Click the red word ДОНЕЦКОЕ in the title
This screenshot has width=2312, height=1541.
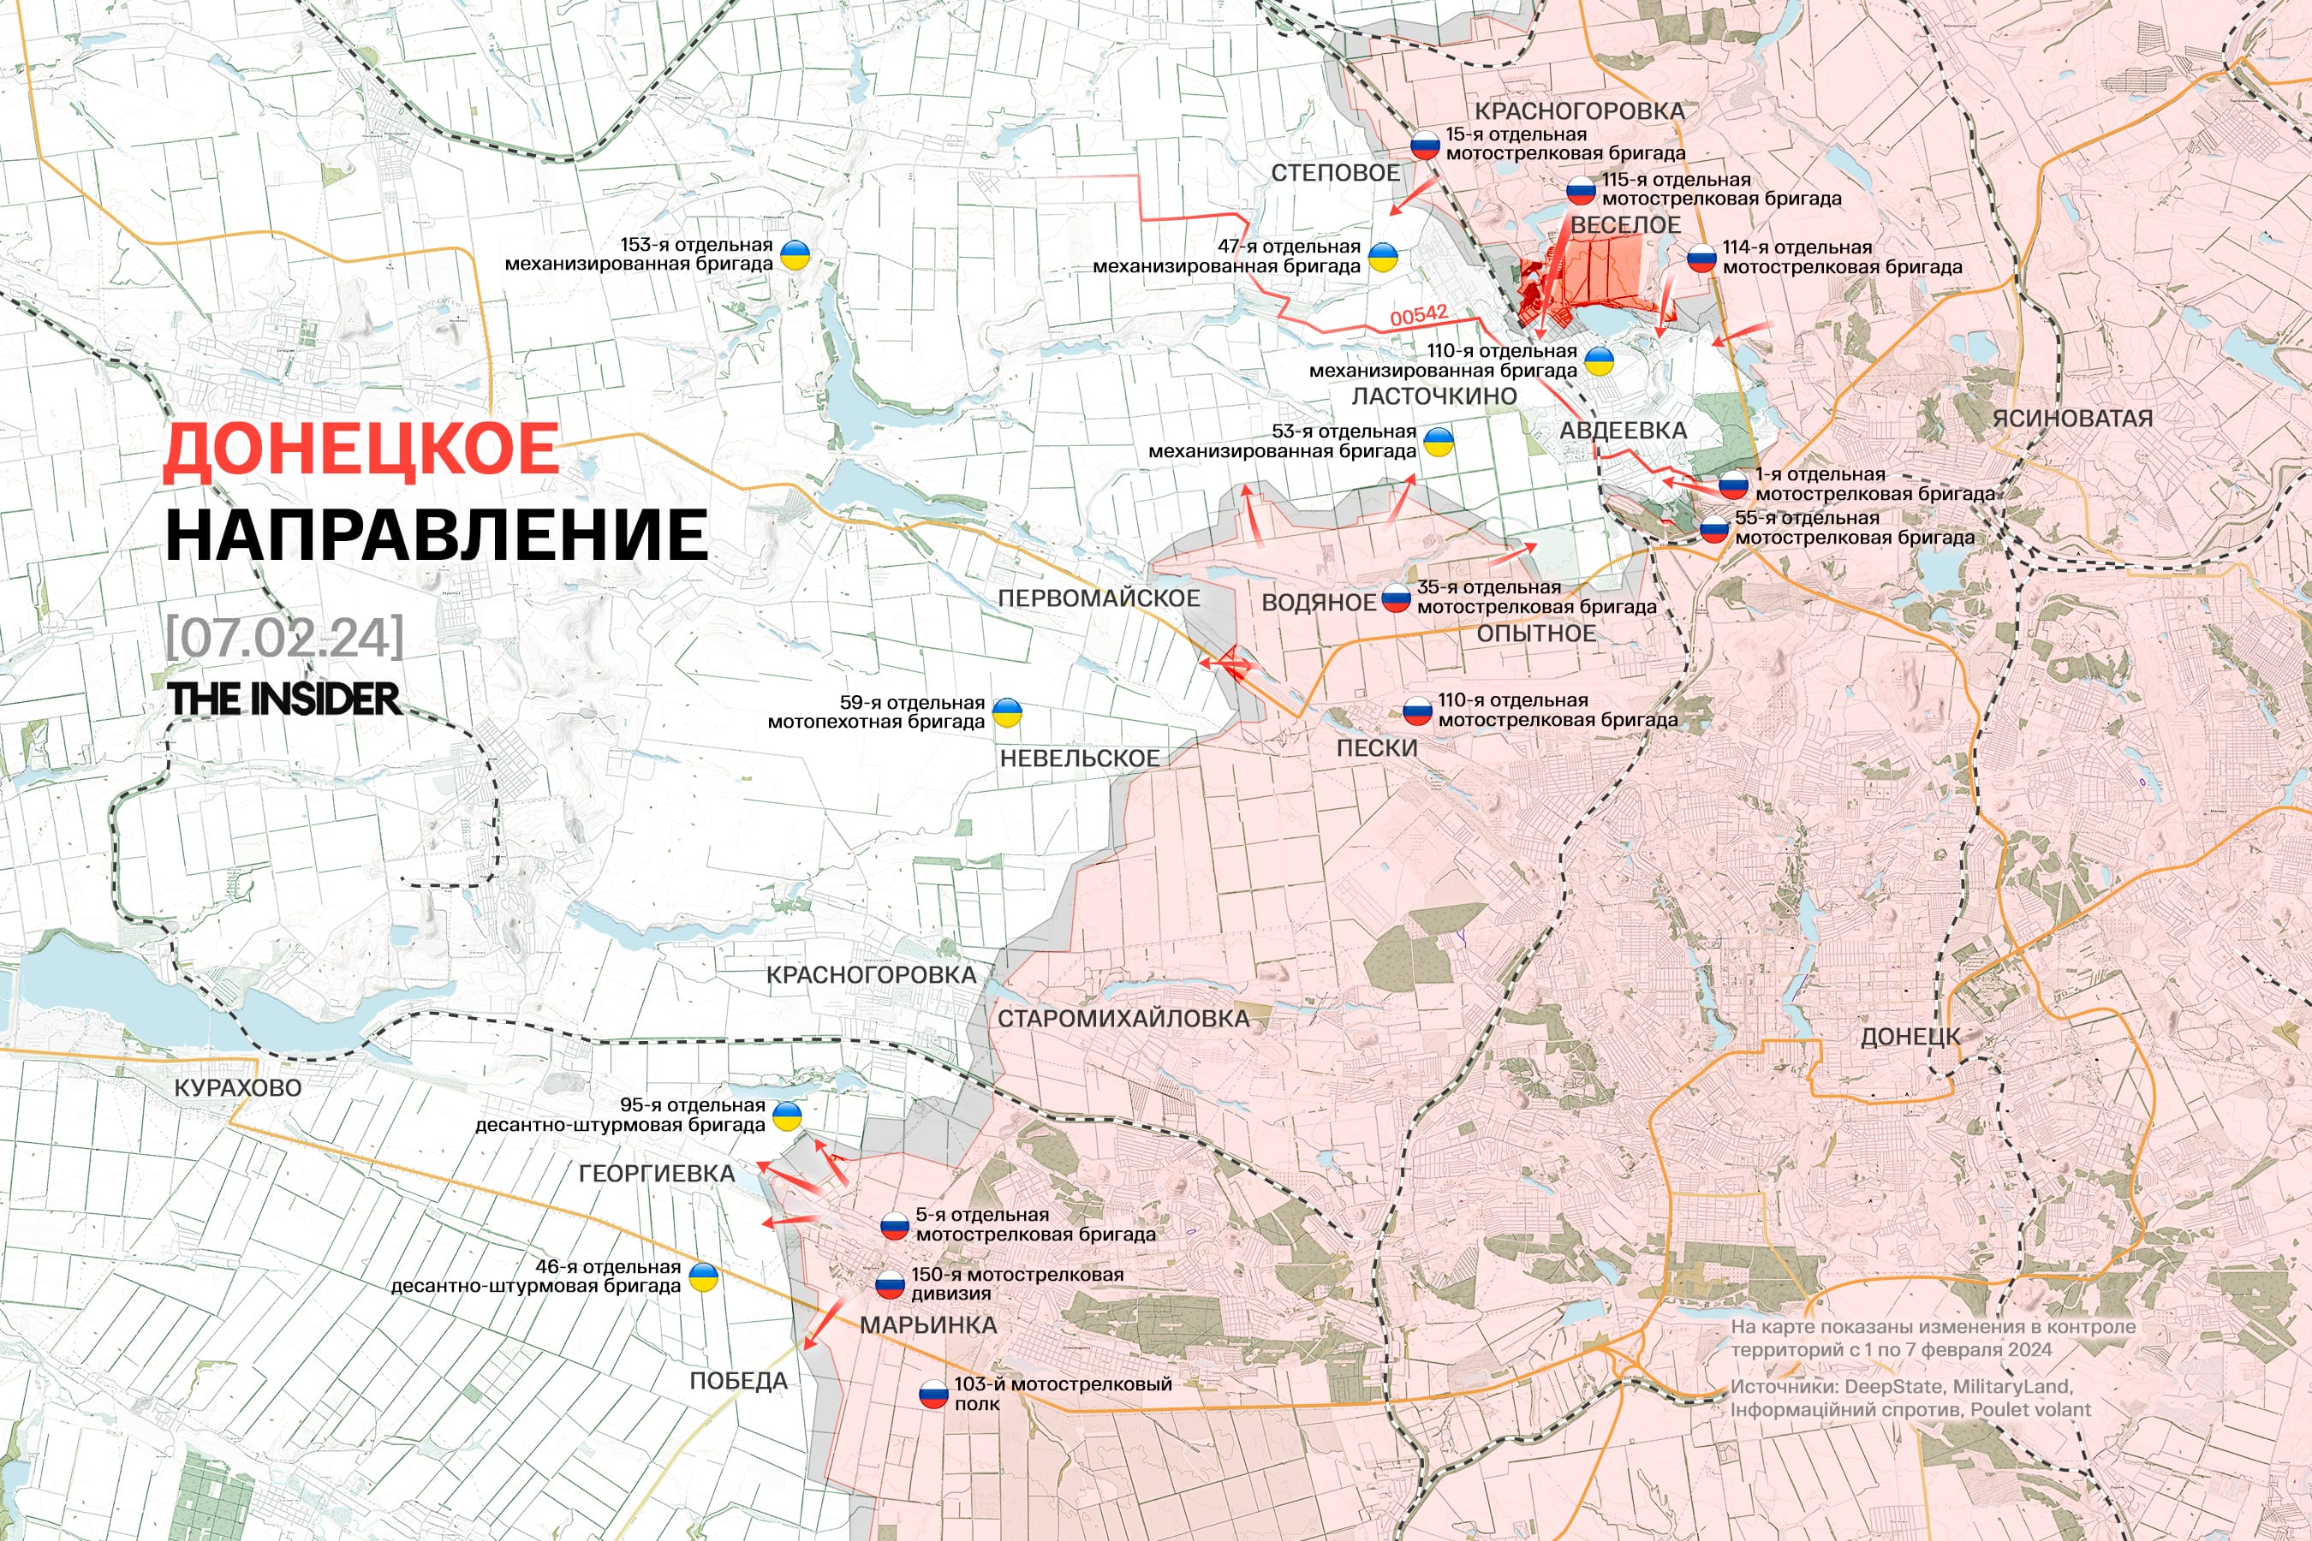pos(361,449)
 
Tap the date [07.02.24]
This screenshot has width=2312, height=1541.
pos(284,638)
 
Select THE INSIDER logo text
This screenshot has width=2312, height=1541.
pos(283,699)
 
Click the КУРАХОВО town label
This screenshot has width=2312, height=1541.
pos(237,1088)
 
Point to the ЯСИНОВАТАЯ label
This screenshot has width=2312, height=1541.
pos(2072,419)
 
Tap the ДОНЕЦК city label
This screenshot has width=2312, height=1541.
pos(1910,1037)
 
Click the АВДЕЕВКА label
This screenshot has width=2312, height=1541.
pos(1623,431)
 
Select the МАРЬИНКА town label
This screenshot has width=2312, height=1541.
pos(928,1324)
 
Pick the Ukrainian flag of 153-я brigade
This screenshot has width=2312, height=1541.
pos(795,255)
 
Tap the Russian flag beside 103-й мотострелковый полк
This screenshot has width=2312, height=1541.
pos(933,1394)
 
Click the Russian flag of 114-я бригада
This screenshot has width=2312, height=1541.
pos(1701,259)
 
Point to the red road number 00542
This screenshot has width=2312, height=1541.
pos(1419,315)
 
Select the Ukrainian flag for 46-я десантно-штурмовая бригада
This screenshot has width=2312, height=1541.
pos(703,1277)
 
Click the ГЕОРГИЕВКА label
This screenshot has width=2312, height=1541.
pos(657,1174)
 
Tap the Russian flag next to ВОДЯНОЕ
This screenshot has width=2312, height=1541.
pos(1396,598)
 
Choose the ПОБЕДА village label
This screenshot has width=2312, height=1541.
pos(738,1381)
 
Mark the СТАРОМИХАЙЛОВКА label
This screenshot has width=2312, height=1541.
pos(1123,1019)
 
